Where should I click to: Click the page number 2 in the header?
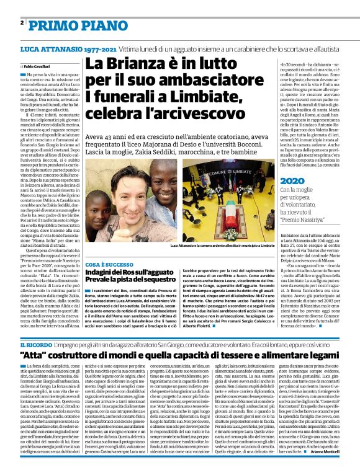pyautogui.click(x=22, y=23)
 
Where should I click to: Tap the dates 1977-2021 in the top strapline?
pyautogui.click(x=96, y=48)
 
